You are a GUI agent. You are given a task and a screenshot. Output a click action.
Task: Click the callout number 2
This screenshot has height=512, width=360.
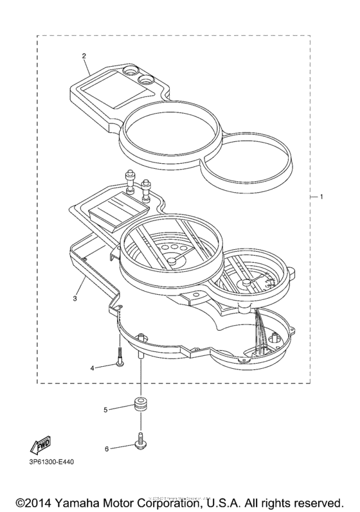(84, 55)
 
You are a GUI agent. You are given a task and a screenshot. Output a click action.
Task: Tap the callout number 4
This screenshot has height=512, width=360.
(93, 367)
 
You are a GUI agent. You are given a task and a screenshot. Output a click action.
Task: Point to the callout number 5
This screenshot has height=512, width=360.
(107, 409)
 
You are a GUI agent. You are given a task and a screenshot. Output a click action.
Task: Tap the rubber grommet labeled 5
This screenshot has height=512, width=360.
(139, 407)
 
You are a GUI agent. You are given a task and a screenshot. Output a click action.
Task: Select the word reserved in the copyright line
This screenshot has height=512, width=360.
(316, 500)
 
